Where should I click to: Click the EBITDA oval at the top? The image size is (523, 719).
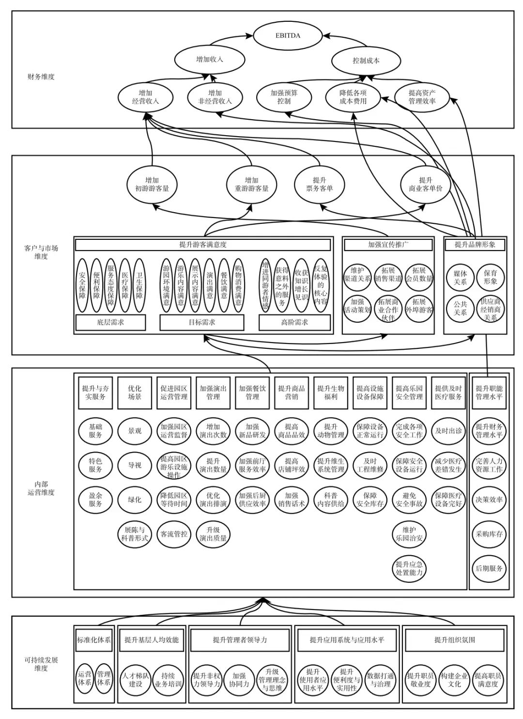[x=288, y=35]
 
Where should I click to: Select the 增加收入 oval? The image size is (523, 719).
[x=209, y=60]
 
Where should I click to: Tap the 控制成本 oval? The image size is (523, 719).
[x=366, y=61]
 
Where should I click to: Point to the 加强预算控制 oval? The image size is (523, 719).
[x=284, y=97]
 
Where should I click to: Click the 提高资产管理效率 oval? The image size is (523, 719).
[x=422, y=97]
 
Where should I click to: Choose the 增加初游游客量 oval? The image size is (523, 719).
[x=152, y=184]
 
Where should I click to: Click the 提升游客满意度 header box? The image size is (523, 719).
[x=203, y=245]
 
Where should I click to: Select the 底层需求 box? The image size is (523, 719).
[x=110, y=322]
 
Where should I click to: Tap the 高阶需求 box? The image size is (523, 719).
[x=294, y=322]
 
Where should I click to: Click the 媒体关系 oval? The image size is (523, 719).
[x=460, y=277]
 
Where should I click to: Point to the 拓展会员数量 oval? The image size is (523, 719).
[x=419, y=274]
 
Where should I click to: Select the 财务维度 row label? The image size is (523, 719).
[x=41, y=77]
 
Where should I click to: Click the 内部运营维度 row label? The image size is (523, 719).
[x=41, y=488]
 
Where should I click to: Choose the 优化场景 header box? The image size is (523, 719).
[x=135, y=392]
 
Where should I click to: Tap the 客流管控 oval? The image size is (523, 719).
[x=174, y=534]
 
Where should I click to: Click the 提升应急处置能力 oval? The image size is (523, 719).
[x=409, y=568]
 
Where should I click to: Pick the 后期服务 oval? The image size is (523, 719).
[x=489, y=568]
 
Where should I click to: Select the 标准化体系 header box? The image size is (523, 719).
[x=94, y=640]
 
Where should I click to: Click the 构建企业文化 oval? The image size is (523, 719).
[x=454, y=680]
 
